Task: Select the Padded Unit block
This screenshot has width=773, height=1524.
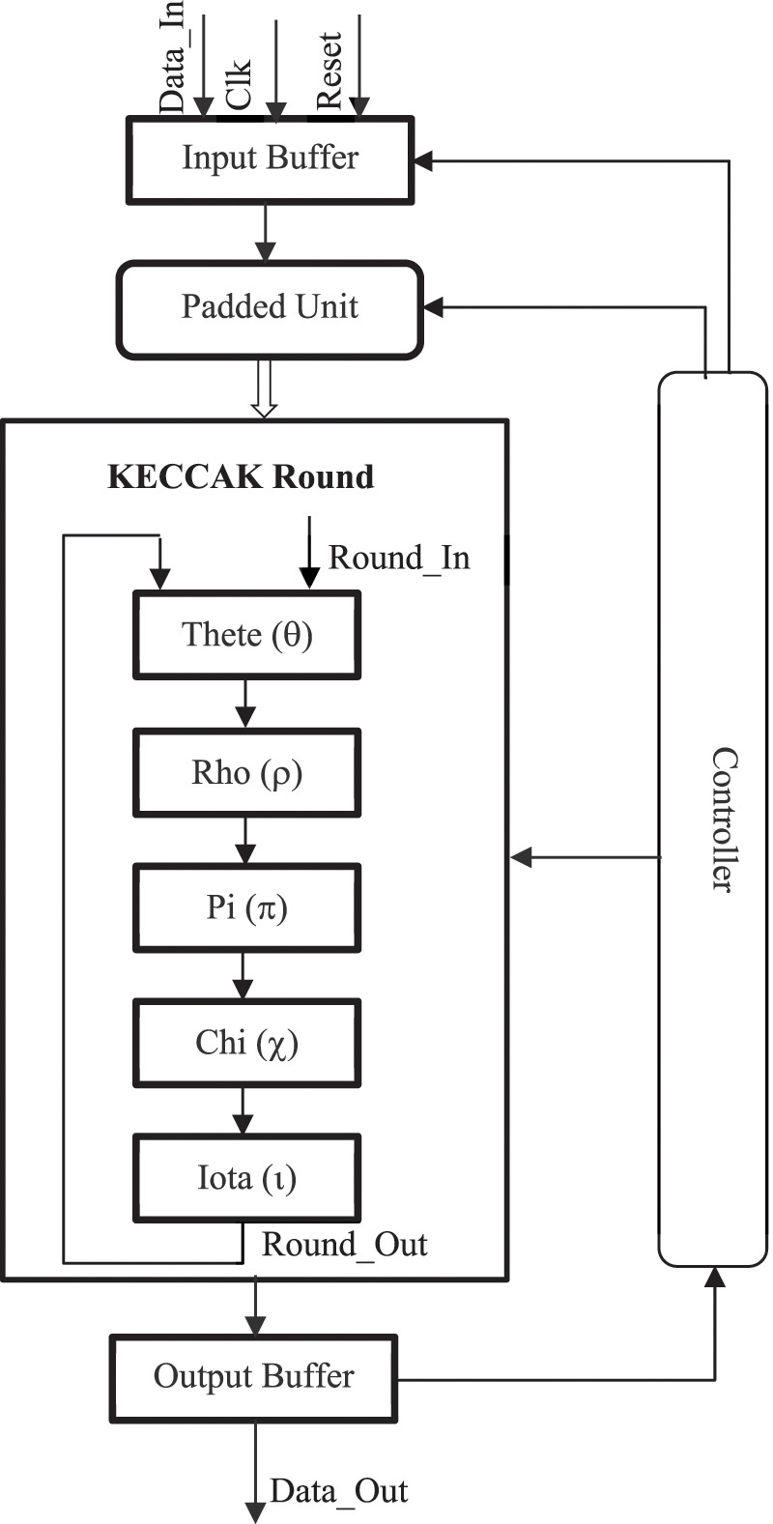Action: tap(270, 308)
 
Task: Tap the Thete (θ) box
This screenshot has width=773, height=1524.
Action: tap(246, 635)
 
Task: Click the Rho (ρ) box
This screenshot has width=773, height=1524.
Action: tap(246, 772)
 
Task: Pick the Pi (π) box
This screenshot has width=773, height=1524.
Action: tap(246, 907)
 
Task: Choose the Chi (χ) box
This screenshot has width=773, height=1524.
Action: tap(246, 1043)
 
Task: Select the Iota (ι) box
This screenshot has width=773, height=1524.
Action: tap(246, 1178)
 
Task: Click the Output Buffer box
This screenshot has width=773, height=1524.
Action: tap(254, 1376)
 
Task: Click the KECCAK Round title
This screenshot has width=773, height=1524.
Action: tap(240, 477)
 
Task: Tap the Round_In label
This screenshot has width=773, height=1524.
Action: tap(399, 558)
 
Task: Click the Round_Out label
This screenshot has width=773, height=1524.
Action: tap(344, 1244)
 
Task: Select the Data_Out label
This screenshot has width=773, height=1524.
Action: tap(338, 1491)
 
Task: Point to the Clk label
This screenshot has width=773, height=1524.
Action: tap(238, 85)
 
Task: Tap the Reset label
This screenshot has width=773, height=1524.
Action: tap(329, 71)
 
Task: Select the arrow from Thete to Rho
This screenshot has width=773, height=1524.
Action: tap(245, 704)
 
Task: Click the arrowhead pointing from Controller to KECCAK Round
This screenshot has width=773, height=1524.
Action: tap(522, 856)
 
